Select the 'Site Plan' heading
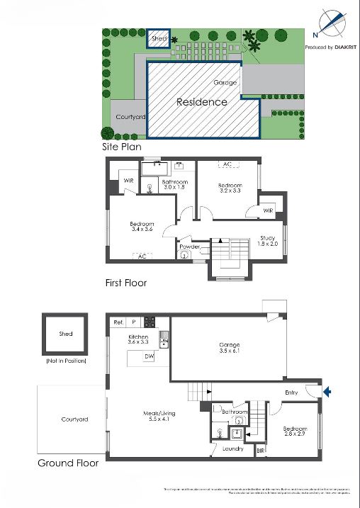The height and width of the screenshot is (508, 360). coord(122,147)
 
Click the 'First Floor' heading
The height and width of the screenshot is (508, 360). coord(125,283)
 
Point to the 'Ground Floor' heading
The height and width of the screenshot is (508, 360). coord(67,463)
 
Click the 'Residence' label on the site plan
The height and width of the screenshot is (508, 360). coord(202,102)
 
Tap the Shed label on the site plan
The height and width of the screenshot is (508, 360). coord(157,39)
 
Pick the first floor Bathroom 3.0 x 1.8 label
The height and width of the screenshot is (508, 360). coord(174,185)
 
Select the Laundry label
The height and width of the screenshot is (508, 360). coord(232,448)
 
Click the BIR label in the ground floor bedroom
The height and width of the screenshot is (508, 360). coord(260,449)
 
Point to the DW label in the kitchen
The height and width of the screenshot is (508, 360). coord(149,357)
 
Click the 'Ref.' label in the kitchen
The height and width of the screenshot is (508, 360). coord(118,322)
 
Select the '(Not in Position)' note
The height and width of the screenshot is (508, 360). coord(65,361)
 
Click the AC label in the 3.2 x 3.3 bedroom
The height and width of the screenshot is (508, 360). coord(227,164)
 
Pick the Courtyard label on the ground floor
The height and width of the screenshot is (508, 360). coord(74,419)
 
